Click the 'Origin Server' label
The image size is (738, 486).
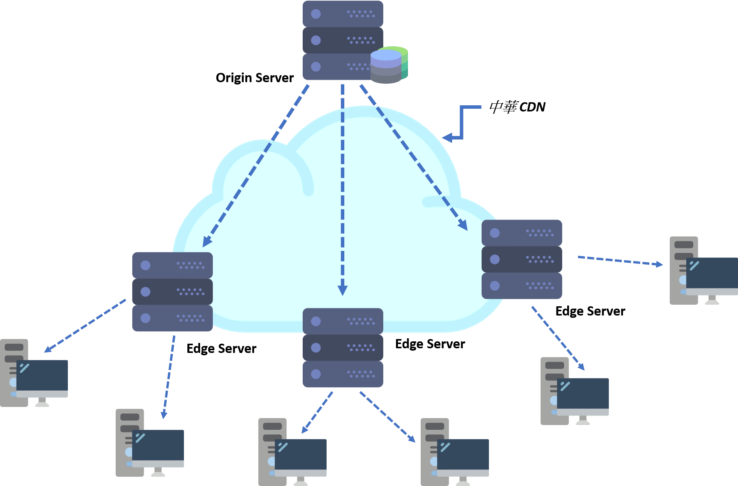tap(254, 78)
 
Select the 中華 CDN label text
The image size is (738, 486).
tap(517, 107)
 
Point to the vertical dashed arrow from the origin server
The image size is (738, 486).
tap(342, 190)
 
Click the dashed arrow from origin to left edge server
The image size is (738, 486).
tap(256, 166)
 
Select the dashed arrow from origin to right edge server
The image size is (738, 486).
tap(414, 157)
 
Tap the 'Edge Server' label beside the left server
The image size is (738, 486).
tap(221, 349)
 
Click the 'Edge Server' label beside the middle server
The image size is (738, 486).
tap(430, 344)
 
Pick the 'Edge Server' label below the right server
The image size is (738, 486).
tap(590, 311)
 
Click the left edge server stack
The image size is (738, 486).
tap(172, 292)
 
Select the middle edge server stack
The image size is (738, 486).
tap(343, 348)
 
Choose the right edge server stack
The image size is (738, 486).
tap(522, 259)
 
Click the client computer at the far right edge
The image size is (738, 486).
tap(704, 270)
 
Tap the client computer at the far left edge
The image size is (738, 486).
tap(34, 373)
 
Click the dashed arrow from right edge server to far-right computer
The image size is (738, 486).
tap(620, 261)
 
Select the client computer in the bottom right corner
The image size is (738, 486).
tap(575, 391)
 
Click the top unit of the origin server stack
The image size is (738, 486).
tap(343, 14)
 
